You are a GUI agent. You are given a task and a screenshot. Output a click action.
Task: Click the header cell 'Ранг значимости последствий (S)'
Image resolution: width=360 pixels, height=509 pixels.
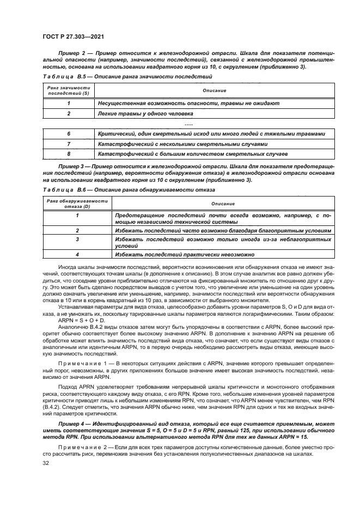(x=68, y=90)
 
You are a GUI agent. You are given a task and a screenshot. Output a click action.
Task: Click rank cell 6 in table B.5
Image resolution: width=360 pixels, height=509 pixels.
(x=69, y=133)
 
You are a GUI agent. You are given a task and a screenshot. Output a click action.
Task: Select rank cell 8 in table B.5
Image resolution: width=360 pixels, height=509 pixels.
(x=69, y=154)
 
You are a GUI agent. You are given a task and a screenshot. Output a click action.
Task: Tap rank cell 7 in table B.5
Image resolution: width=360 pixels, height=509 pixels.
(x=69, y=144)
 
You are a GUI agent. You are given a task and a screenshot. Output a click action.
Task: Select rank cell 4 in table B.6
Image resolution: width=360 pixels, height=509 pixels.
(x=77, y=254)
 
